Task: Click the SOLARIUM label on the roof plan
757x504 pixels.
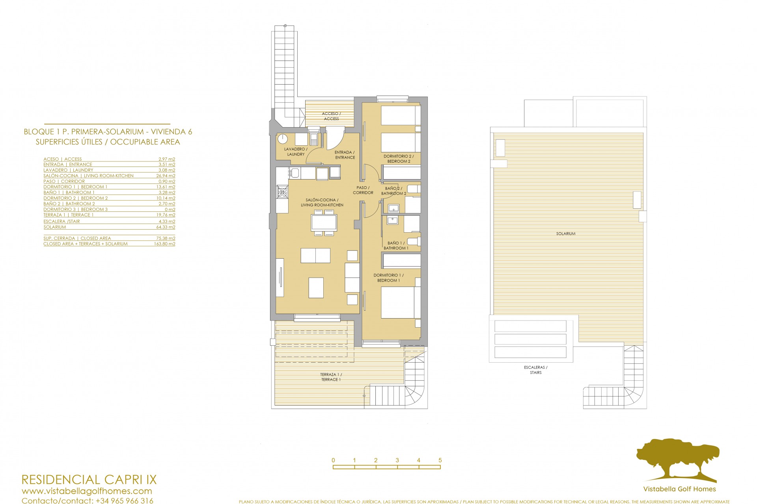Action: pyautogui.click(x=566, y=233)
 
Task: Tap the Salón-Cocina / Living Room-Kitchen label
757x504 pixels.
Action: pyautogui.click(x=322, y=202)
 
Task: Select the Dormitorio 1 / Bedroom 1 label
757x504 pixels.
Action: pyautogui.click(x=388, y=278)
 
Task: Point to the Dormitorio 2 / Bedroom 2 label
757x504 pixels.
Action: pyautogui.click(x=399, y=159)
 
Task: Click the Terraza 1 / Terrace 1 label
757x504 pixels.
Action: pyautogui.click(x=331, y=377)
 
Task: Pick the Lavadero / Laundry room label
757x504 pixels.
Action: pyautogui.click(x=296, y=152)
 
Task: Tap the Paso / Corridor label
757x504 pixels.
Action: pyautogui.click(x=363, y=190)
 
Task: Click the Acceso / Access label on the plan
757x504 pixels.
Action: pyautogui.click(x=331, y=116)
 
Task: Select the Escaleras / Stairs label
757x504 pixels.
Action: pyautogui.click(x=535, y=370)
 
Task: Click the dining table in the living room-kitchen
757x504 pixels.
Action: pyautogui.click(x=324, y=222)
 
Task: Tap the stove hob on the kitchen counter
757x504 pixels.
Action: pyautogui.click(x=282, y=192)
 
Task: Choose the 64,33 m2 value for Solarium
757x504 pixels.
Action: pyautogui.click(x=166, y=227)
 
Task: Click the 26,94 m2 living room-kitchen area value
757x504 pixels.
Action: pyautogui.click(x=166, y=176)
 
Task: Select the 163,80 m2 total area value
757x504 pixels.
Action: pyautogui.click(x=164, y=244)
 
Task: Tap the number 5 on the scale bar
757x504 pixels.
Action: pyautogui.click(x=440, y=460)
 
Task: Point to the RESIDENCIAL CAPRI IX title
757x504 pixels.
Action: pyautogui.click(x=89, y=480)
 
